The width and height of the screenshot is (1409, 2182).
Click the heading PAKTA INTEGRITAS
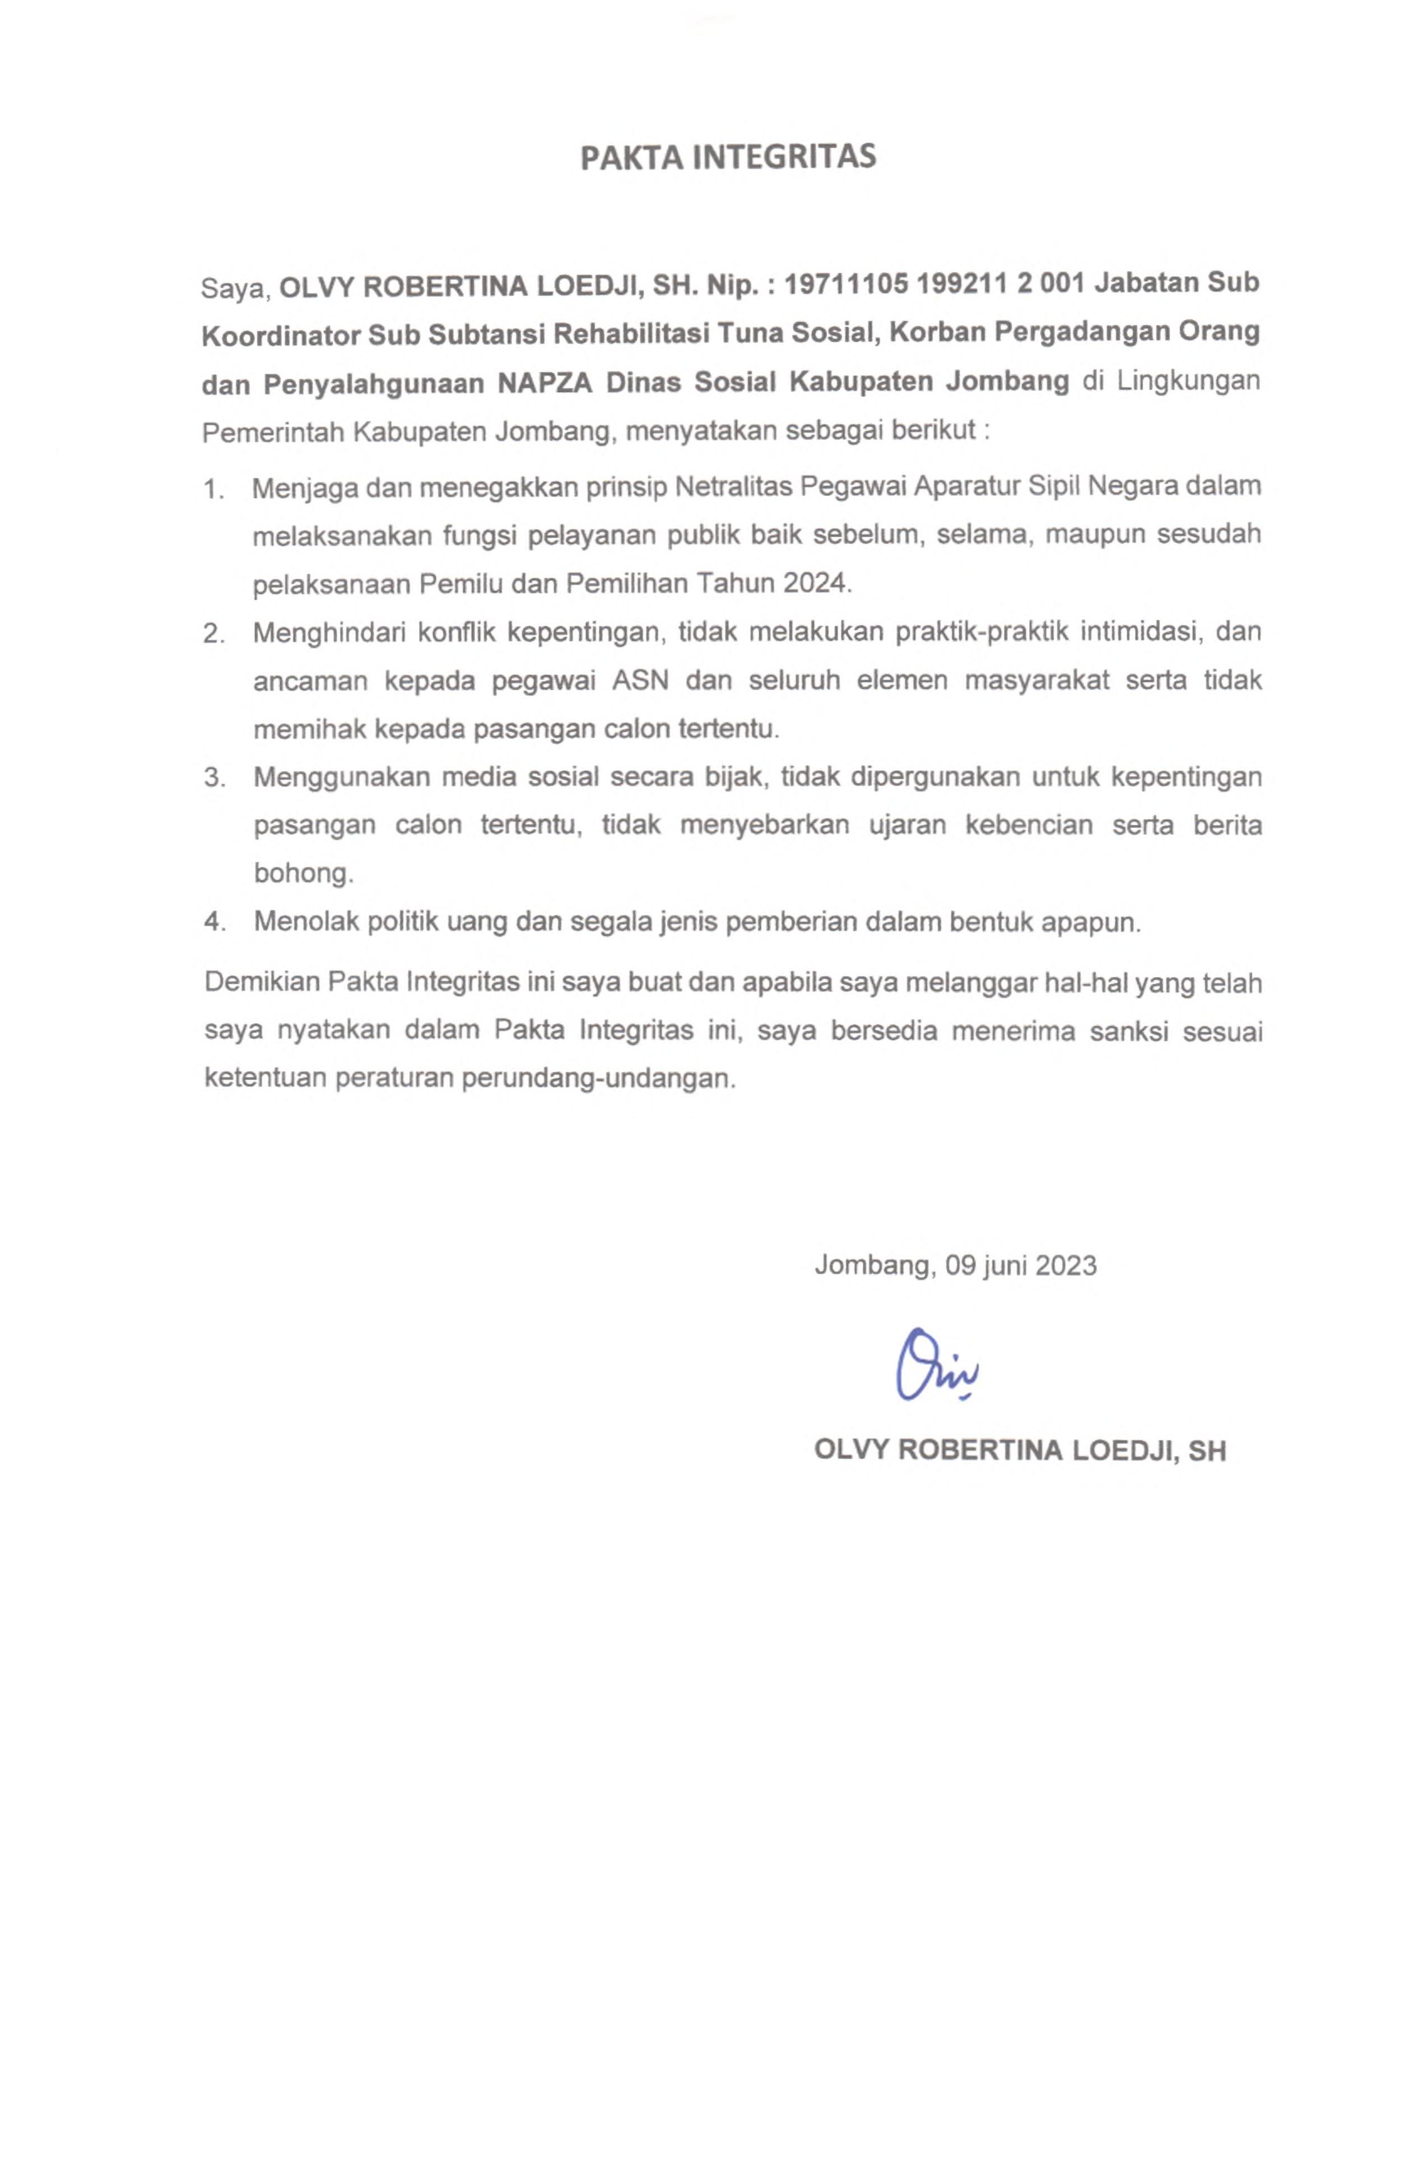coord(728,157)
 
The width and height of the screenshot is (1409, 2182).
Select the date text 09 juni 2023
coord(1021,1266)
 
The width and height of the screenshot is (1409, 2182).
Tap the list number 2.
coord(213,633)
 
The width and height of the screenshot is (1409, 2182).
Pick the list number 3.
coord(213,778)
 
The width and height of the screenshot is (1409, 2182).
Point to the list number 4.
coord(213,922)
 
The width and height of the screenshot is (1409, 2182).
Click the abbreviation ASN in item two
coord(640,682)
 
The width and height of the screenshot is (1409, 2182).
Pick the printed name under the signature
coord(1019,1451)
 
